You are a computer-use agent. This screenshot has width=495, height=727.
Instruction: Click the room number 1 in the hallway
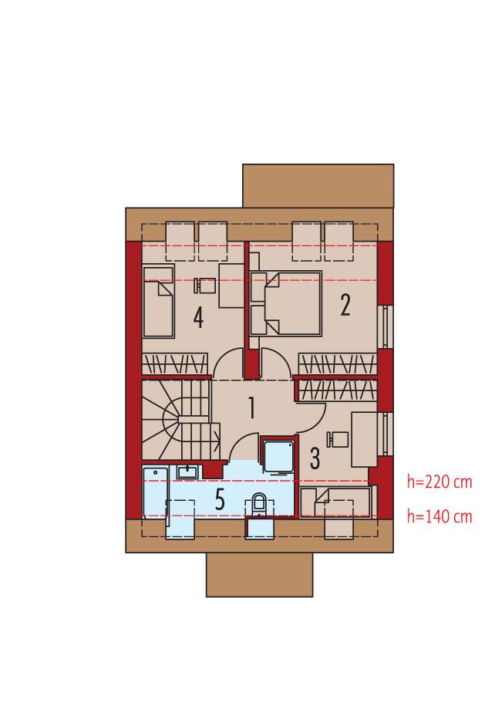(x=251, y=407)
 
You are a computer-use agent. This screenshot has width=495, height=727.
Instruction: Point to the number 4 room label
(x=198, y=317)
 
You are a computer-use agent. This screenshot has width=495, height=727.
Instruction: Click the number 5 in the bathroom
(x=220, y=500)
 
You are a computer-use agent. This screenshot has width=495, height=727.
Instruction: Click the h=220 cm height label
(x=439, y=482)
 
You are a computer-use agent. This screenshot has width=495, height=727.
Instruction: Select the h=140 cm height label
(x=439, y=516)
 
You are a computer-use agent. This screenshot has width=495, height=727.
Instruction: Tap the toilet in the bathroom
(x=259, y=502)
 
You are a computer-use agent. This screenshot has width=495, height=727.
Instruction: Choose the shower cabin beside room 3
(x=277, y=458)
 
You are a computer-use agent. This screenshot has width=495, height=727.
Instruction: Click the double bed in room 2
(x=285, y=303)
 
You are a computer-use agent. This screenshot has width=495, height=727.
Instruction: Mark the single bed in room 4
(x=158, y=302)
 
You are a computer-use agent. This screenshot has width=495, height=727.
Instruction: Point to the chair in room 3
(x=338, y=438)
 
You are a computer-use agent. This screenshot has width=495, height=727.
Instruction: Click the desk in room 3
(x=364, y=438)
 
